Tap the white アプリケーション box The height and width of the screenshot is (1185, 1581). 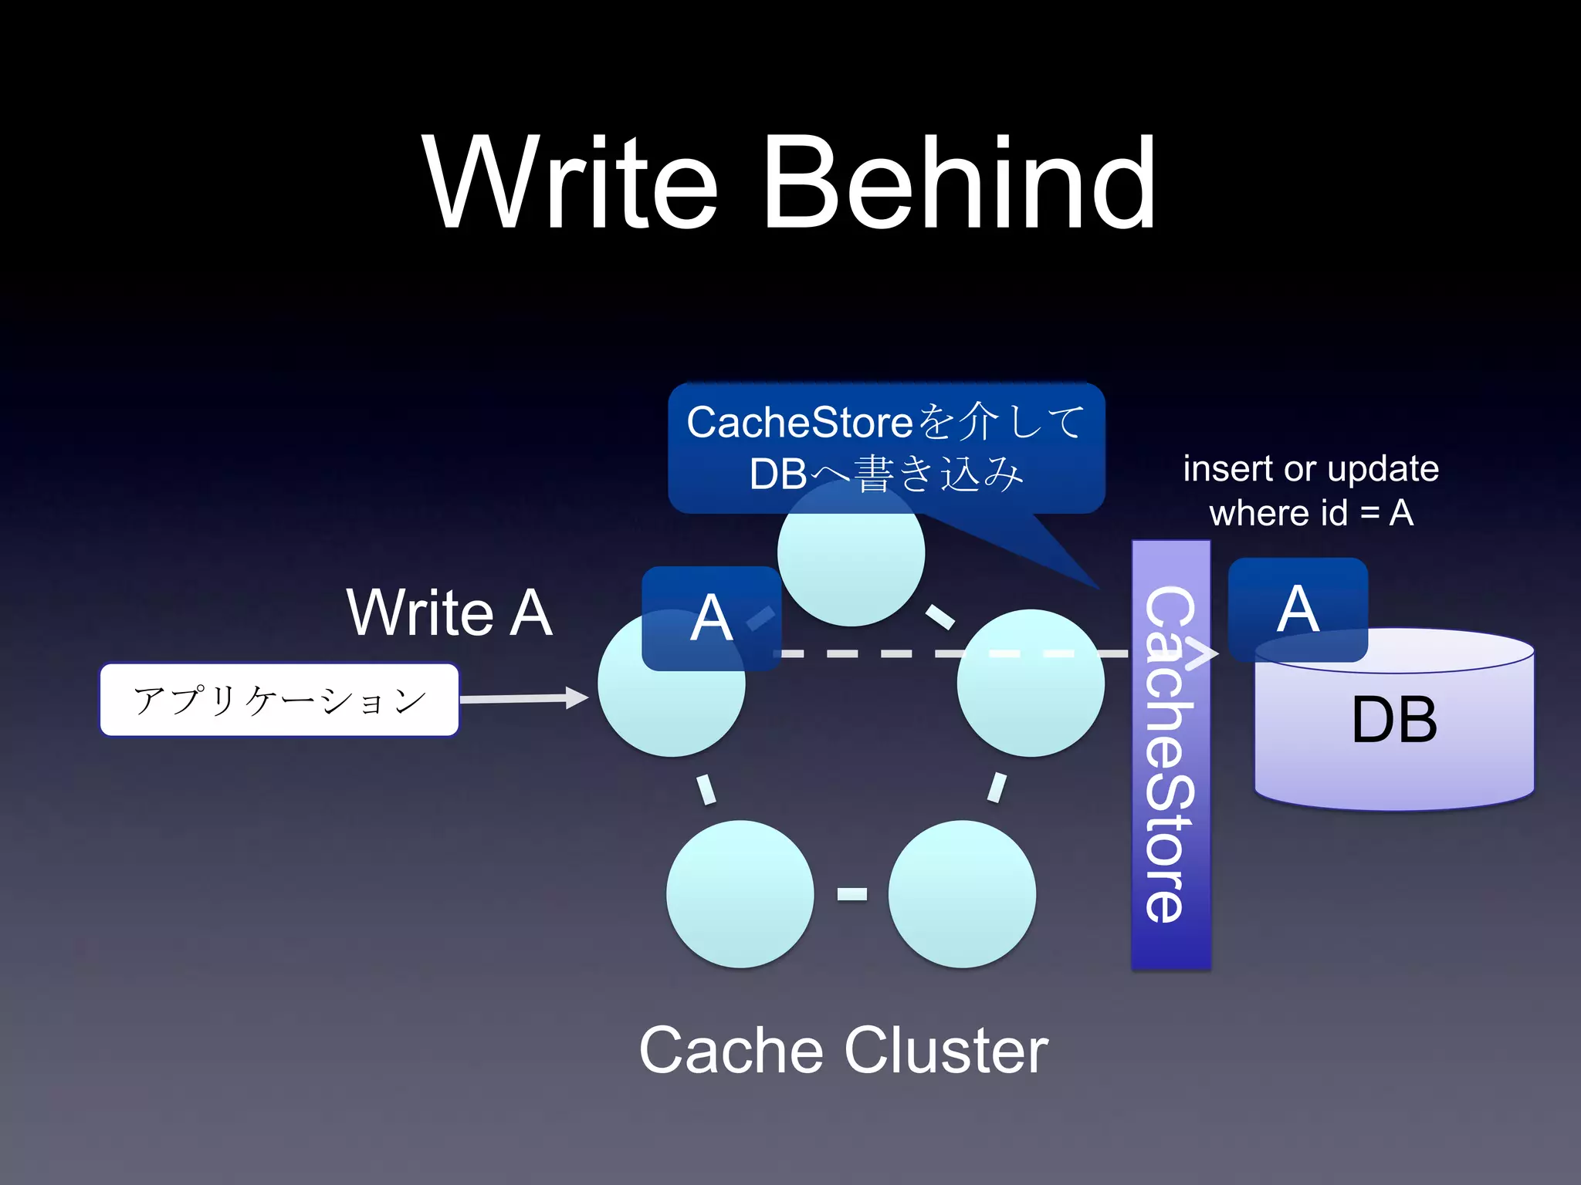point(279,700)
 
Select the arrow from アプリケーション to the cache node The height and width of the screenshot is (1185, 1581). point(525,698)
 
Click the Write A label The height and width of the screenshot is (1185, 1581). point(449,613)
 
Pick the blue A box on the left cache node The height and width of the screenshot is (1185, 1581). point(710,618)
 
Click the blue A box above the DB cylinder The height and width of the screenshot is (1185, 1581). point(1298,609)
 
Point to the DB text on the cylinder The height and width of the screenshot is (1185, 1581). point(1394,720)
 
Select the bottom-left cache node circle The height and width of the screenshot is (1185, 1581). point(740,893)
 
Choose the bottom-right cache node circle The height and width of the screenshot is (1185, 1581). point(962,893)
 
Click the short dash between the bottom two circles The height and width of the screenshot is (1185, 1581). point(851,893)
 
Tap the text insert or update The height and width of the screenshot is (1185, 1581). point(1310,468)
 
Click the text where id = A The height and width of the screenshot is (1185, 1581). point(1310,513)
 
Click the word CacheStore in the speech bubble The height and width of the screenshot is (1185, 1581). point(800,423)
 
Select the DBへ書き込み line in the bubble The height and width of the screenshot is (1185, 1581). point(886,473)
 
